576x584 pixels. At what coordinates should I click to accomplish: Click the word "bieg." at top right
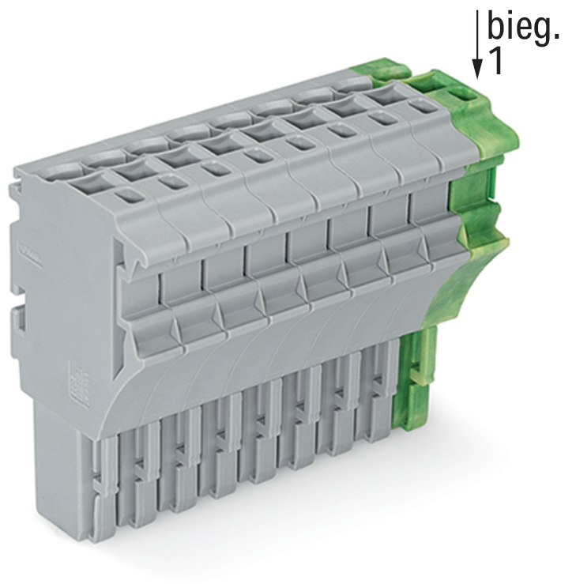523,27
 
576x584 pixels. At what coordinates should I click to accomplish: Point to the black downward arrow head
477,70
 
